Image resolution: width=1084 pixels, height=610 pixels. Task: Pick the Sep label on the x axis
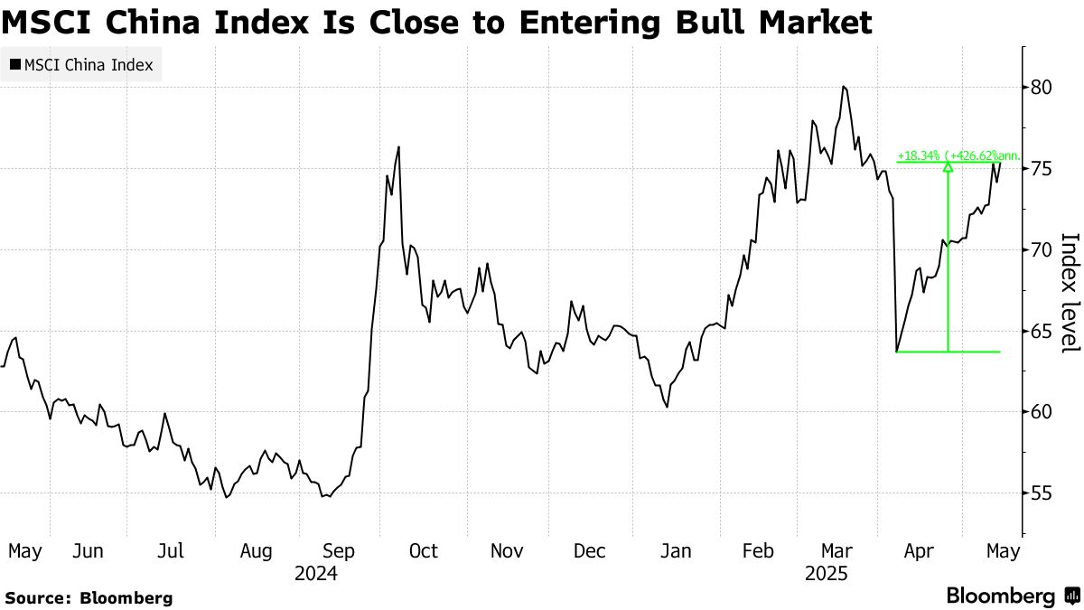point(338,551)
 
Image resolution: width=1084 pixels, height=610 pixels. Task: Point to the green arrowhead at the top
point(948,166)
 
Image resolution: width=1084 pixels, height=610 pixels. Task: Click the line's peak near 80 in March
point(843,87)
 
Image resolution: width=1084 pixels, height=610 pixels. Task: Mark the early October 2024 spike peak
point(398,147)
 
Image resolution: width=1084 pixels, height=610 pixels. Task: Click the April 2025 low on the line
point(896,352)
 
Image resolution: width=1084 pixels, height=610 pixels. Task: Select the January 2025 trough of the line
point(667,407)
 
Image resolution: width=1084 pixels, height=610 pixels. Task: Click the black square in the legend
point(14,65)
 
